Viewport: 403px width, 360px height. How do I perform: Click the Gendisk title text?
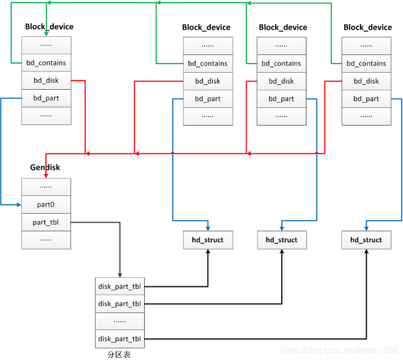click(45, 167)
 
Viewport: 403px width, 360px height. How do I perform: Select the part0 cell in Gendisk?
click(46, 205)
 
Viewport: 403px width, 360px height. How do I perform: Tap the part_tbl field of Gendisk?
click(46, 222)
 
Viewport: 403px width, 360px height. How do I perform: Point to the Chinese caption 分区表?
click(118, 354)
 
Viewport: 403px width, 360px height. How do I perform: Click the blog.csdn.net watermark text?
click(339, 350)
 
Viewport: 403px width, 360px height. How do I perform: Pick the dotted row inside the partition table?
click(120, 321)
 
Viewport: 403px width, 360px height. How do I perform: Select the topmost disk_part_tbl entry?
click(120, 286)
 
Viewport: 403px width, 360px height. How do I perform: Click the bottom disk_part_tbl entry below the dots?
click(120, 339)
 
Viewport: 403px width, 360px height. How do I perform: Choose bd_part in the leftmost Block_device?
click(46, 98)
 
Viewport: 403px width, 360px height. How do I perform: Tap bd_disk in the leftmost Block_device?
click(46, 81)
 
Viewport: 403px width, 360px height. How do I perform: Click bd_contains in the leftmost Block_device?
click(46, 63)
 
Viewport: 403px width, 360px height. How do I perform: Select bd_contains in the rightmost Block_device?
click(366, 63)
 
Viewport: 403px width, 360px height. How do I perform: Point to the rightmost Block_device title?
click(368, 27)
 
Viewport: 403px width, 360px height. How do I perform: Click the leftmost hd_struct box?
click(208, 240)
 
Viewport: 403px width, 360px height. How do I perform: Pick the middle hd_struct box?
click(281, 240)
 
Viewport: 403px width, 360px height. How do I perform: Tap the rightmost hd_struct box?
click(366, 240)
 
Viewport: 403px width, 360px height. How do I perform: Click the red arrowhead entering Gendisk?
click(45, 175)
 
